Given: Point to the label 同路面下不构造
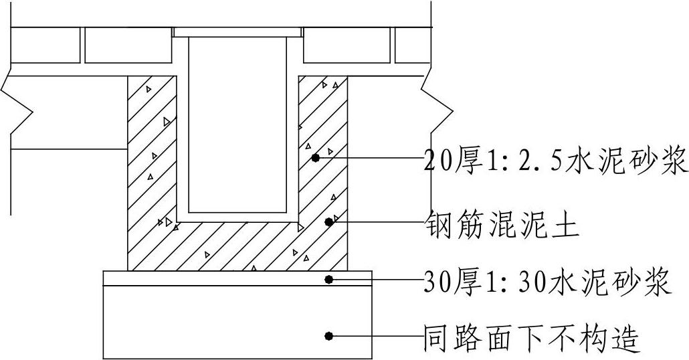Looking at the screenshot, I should pos(532,339).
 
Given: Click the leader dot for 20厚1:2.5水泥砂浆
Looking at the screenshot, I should pos(315,158).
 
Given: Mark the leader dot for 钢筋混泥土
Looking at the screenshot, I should pos(328,222).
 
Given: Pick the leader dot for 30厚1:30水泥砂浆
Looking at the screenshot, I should pos(328,279).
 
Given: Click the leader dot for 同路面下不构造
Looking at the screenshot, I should pos(328,336).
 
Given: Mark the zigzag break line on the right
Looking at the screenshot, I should pos(435,107).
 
